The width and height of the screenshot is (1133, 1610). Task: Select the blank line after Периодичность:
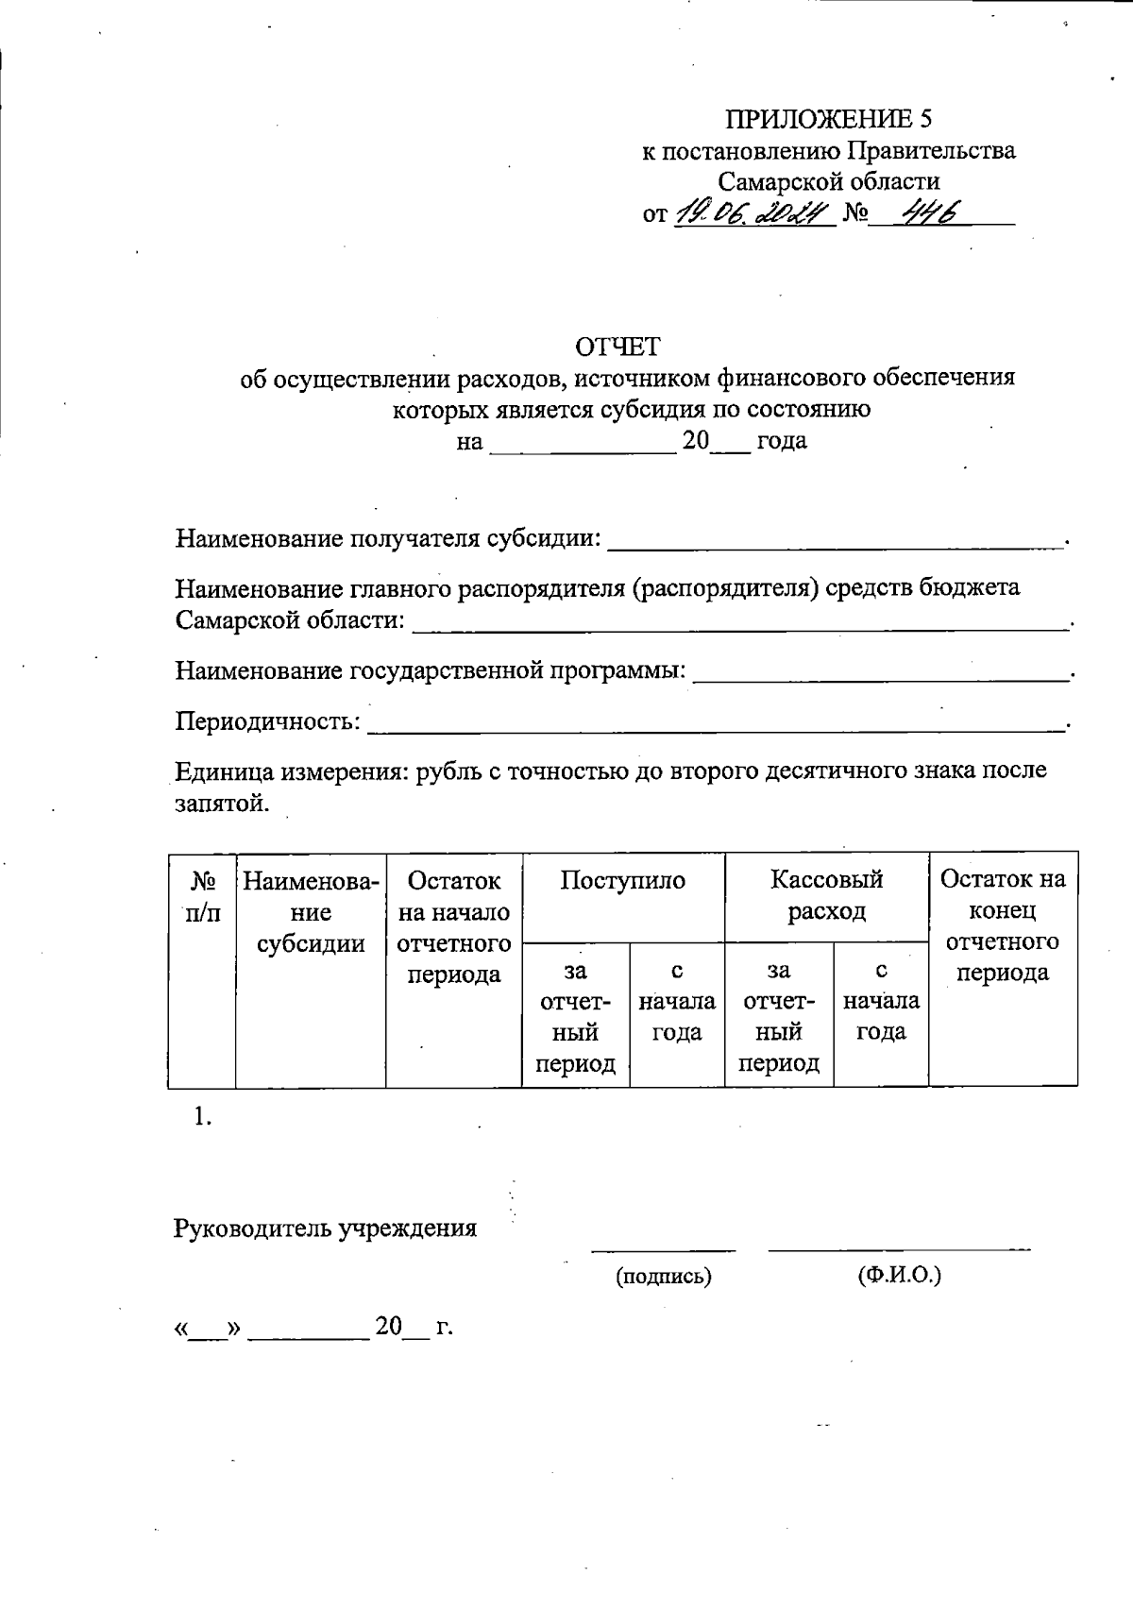tap(715, 723)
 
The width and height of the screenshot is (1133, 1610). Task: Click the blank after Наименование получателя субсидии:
tap(835, 540)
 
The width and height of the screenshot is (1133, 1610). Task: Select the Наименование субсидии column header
tap(311, 912)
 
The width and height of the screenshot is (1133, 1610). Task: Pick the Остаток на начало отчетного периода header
tap(453, 926)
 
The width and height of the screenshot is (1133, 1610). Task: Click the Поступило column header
tap(622, 881)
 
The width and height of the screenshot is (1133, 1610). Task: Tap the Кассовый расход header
tap(826, 895)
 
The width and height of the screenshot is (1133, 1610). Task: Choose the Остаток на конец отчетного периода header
tap(1003, 925)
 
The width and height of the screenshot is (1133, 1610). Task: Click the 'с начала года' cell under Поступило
tap(677, 1002)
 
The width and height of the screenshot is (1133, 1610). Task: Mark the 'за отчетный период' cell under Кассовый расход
tap(779, 1017)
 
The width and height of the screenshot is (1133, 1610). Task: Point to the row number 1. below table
tap(202, 1117)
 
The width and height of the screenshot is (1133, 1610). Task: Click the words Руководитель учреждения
tap(326, 1229)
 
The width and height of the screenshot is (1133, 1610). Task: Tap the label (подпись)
tap(663, 1277)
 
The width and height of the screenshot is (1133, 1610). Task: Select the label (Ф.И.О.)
tap(899, 1276)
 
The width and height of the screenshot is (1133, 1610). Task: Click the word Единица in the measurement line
tap(223, 771)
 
